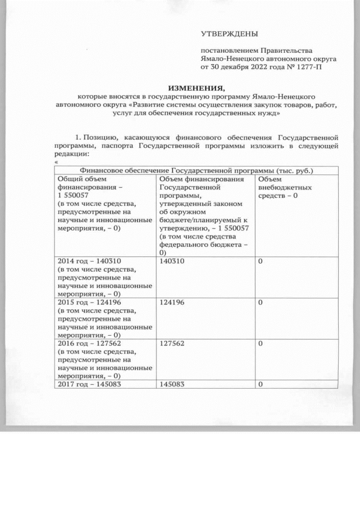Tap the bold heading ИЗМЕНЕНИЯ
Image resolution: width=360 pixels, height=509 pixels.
pos(197,87)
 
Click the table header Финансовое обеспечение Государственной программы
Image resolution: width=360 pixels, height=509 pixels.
pos(197,170)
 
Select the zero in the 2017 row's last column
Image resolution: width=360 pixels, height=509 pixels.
pos(260,385)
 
